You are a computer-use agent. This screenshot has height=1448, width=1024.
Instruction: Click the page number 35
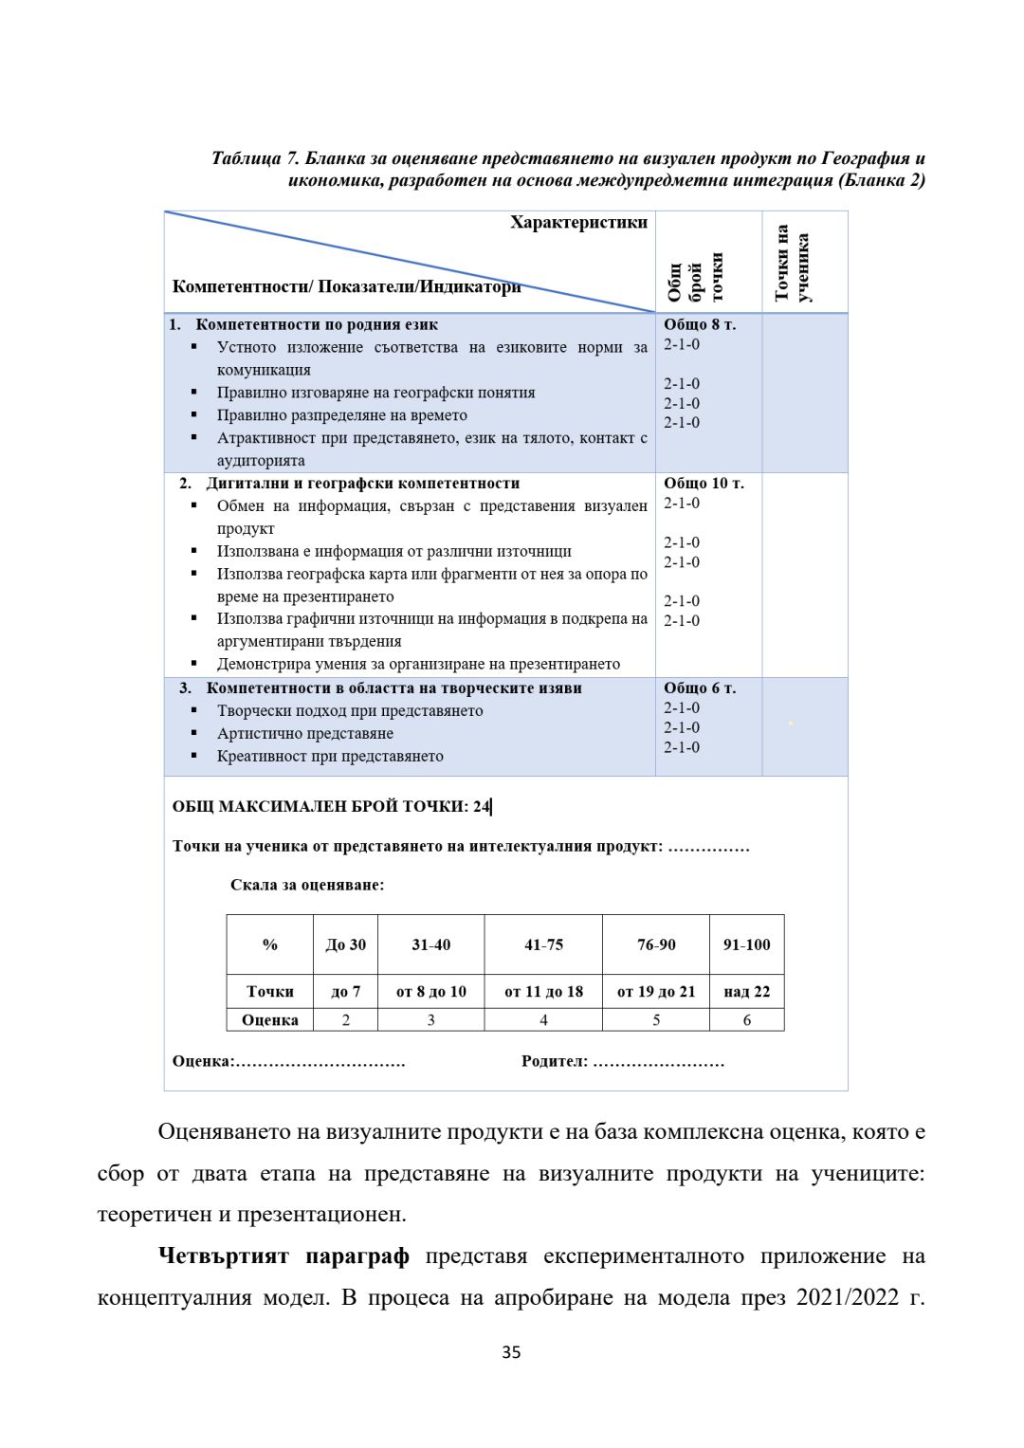pos(511,1352)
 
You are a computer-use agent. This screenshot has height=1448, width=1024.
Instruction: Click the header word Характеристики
pos(578,222)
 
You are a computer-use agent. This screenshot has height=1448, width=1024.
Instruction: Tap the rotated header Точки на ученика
pos(793,263)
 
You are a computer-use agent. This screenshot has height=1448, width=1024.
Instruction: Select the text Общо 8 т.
pos(700,324)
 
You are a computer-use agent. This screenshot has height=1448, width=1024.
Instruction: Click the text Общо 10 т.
pos(704,483)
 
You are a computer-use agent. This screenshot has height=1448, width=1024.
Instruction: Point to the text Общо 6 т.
pos(700,687)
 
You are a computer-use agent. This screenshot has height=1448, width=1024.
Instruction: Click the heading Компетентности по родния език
pos(317,324)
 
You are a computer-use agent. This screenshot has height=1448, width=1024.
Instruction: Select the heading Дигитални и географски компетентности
pos(363,483)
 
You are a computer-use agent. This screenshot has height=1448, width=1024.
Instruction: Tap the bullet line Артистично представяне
pos(305,733)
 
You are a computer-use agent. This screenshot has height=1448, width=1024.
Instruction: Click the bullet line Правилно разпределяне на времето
pos(341,415)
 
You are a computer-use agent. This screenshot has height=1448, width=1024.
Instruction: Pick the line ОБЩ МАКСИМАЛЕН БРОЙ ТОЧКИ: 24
pos(332,807)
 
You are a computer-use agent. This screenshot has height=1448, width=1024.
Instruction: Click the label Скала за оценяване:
pos(307,885)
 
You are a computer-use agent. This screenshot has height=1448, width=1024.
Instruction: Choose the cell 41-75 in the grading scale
pos(543,944)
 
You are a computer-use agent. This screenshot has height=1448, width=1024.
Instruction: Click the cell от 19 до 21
pos(656,992)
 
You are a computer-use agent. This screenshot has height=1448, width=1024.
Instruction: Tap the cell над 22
pos(746,992)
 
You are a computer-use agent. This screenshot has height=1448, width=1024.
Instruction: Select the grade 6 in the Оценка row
pos(746,1020)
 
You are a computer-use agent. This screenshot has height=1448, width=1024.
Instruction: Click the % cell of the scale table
pos(270,944)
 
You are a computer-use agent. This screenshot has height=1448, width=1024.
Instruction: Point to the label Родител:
pos(555,1061)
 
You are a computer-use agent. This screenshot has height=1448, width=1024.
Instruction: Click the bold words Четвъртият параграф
pos(283,1256)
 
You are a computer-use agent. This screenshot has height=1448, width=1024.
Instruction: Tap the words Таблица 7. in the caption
pos(255,158)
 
